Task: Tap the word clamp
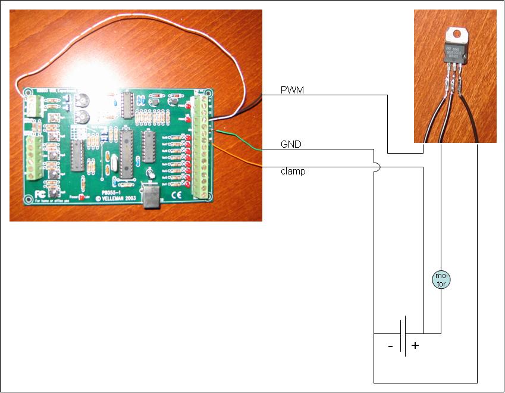(293, 171)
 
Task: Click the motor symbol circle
(440, 280)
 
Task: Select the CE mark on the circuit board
(177, 194)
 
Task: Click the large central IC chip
(126, 153)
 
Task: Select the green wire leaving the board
(238, 139)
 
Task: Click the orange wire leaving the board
(238, 157)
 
